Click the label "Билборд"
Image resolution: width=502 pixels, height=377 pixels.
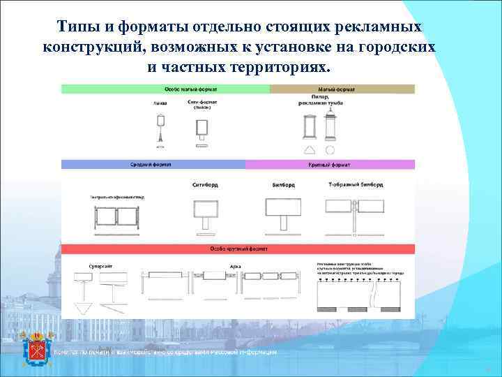283,186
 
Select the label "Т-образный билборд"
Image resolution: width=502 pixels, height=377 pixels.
356,186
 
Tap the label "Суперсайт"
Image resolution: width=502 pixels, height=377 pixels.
100,266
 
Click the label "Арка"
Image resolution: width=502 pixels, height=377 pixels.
235,266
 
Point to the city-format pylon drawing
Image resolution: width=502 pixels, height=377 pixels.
202,128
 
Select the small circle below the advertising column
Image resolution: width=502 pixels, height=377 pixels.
330,150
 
